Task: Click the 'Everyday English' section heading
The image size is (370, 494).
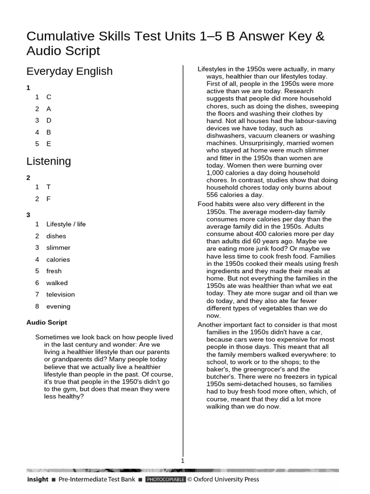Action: tap(69, 71)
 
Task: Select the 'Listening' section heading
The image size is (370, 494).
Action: tap(49, 161)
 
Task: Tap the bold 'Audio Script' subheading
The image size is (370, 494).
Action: tap(47, 322)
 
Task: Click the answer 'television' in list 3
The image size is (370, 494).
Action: tap(60, 294)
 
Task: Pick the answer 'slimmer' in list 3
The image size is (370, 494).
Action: tap(58, 247)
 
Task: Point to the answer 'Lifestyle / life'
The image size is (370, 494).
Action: tap(66, 224)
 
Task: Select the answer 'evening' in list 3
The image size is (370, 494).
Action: tap(58, 306)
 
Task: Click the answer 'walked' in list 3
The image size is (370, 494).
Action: tap(57, 283)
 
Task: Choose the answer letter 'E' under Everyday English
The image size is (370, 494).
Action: tap(49, 144)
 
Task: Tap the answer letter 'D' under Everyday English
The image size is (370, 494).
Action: tap(49, 120)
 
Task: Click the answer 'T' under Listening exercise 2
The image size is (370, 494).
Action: tap(48, 187)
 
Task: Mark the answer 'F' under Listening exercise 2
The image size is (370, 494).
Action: tap(48, 199)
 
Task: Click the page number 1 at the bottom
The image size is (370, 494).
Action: tap(183, 461)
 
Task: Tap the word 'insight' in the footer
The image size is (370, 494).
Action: tap(38, 480)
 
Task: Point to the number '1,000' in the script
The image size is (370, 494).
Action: tap(216, 173)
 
